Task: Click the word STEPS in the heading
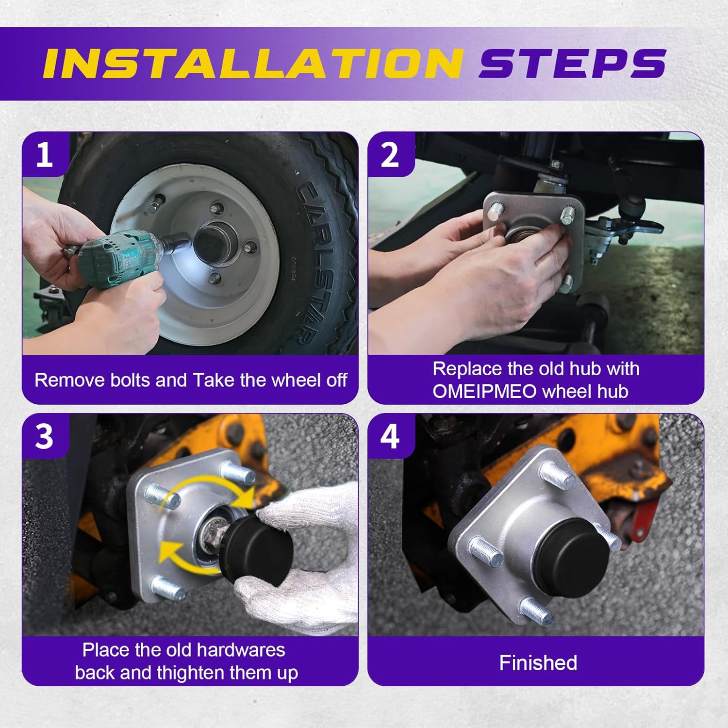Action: [573, 64]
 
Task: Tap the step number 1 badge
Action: [45, 155]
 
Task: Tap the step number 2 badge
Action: [390, 155]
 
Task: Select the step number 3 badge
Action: [45, 436]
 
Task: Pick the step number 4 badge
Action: [390, 436]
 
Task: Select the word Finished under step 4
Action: [538, 663]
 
